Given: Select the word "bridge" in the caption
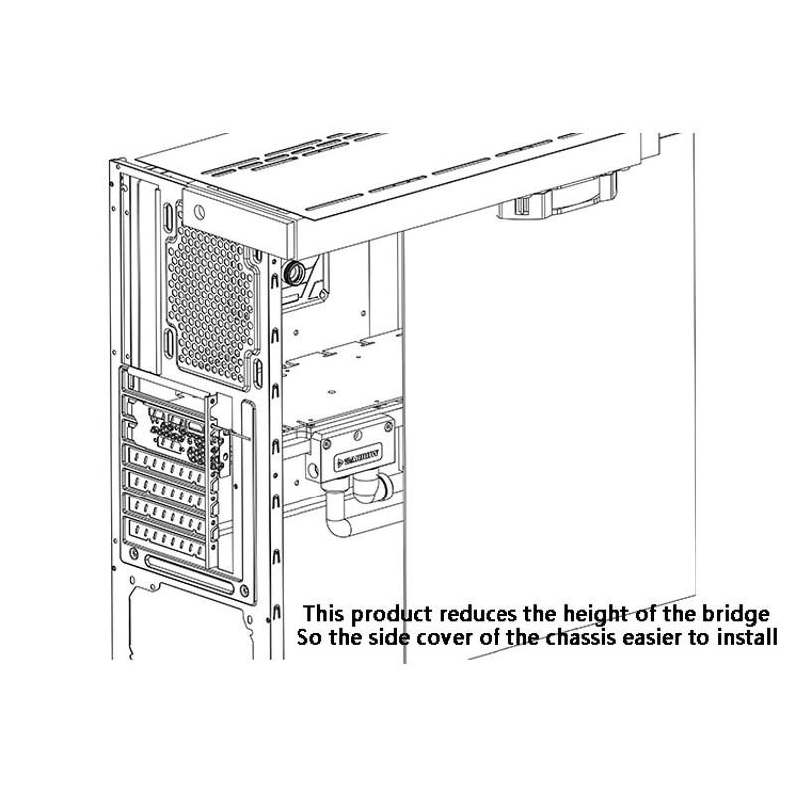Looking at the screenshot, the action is coord(737,613).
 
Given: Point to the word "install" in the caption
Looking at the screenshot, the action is coord(744,637).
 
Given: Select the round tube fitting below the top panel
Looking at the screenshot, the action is coord(295,274).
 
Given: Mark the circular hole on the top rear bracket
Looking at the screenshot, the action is coord(199,211).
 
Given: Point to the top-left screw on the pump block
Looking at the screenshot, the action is coord(323,438).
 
